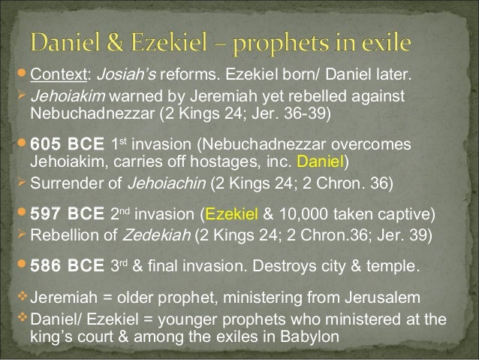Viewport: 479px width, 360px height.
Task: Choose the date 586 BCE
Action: click(66, 267)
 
